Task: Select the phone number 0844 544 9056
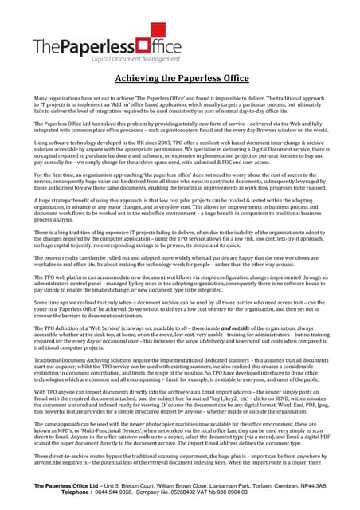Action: (127, 492)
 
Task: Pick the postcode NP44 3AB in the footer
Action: (311, 484)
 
